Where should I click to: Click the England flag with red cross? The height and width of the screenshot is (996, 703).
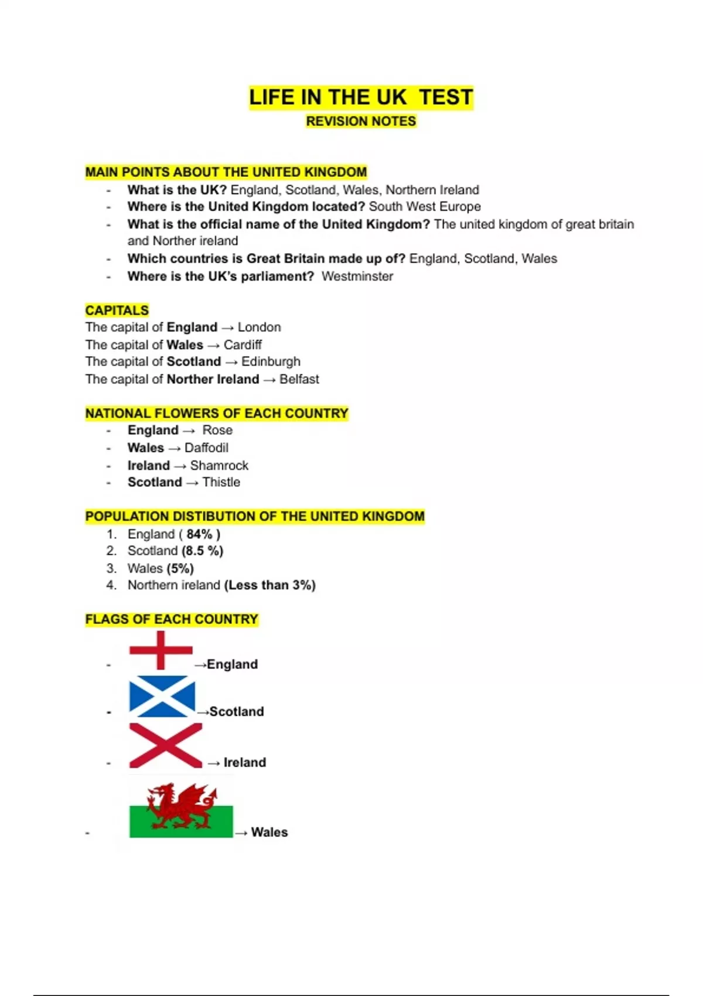[161, 650]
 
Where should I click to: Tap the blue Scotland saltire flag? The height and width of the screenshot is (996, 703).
[162, 697]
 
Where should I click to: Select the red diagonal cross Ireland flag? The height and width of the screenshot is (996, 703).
[165, 745]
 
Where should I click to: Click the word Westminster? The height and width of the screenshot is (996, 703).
[357, 277]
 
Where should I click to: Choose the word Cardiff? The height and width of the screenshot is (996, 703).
[243, 344]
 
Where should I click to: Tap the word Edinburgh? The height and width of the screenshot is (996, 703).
[271, 361]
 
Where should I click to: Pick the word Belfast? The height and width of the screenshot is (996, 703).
[299, 379]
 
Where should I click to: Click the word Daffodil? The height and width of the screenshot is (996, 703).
[206, 448]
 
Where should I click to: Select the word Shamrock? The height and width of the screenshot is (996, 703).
[219, 465]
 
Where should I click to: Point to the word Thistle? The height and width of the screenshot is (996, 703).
[221, 482]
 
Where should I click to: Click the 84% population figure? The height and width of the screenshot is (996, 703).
[200, 534]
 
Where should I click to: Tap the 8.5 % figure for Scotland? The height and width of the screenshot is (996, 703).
[203, 551]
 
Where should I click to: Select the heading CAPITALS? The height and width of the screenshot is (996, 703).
[117, 311]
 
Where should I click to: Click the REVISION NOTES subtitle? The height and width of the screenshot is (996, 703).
[361, 121]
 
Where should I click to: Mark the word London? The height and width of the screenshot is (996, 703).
[259, 327]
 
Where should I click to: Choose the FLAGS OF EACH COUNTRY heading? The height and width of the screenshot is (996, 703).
[172, 619]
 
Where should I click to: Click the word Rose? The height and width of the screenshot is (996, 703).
[217, 430]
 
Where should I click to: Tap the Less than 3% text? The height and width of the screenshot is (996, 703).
[270, 585]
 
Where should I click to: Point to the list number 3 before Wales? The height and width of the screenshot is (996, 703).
[111, 568]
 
